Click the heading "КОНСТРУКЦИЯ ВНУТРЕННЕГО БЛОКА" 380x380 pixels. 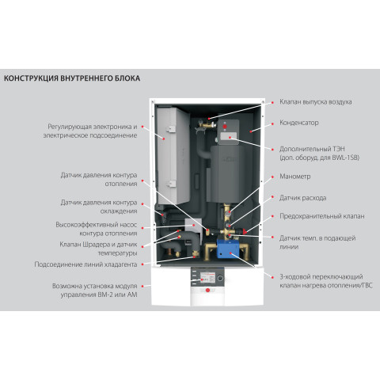coord(72,78)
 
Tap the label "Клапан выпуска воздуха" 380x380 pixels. coord(316,102)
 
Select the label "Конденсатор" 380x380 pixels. coord(299,123)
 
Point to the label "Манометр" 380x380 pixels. coord(295,177)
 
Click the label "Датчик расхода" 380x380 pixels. coord(302,198)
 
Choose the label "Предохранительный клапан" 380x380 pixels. coord(322,216)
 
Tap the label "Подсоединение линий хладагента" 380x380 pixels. coord(85,264)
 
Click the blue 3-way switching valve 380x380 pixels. coord(228,249)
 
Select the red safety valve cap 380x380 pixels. coord(245,231)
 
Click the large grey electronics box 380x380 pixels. coord(173,156)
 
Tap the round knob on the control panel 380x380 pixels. coord(220,278)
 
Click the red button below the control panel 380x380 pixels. coord(207,291)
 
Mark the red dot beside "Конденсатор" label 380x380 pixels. coord(273,123)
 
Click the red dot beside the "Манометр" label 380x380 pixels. coord(273,177)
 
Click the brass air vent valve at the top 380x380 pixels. coord(207,123)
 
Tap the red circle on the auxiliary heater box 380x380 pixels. coord(225,127)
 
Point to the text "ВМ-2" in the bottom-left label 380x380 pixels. coord(106,294)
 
